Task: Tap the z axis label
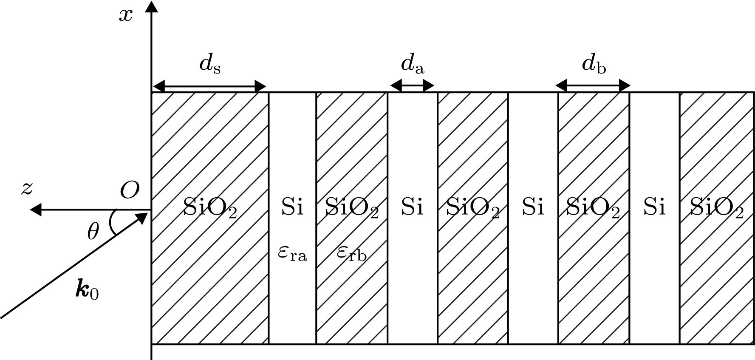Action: pyautogui.click(x=27, y=189)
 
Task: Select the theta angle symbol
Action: pyautogui.click(x=93, y=232)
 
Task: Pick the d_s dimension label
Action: pyautogui.click(x=210, y=64)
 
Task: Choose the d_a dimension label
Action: pyautogui.click(x=413, y=64)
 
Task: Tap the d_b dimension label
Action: pyautogui.click(x=594, y=64)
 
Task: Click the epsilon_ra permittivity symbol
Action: pyautogui.click(x=292, y=253)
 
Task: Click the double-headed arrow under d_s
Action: pyautogui.click(x=209, y=87)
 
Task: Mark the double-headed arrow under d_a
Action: pyautogui.click(x=412, y=86)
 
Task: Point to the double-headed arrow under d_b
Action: pyautogui.click(x=593, y=86)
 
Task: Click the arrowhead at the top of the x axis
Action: pyautogui.click(x=152, y=6)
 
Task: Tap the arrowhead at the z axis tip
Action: pyautogui.click(x=36, y=210)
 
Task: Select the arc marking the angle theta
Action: pyautogui.click(x=112, y=222)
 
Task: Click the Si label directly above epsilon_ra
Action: pyautogui.click(x=292, y=208)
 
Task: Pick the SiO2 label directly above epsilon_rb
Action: pyautogui.click(x=352, y=209)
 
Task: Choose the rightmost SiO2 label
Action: pyautogui.click(x=716, y=209)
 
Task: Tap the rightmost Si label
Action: pyautogui.click(x=654, y=208)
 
